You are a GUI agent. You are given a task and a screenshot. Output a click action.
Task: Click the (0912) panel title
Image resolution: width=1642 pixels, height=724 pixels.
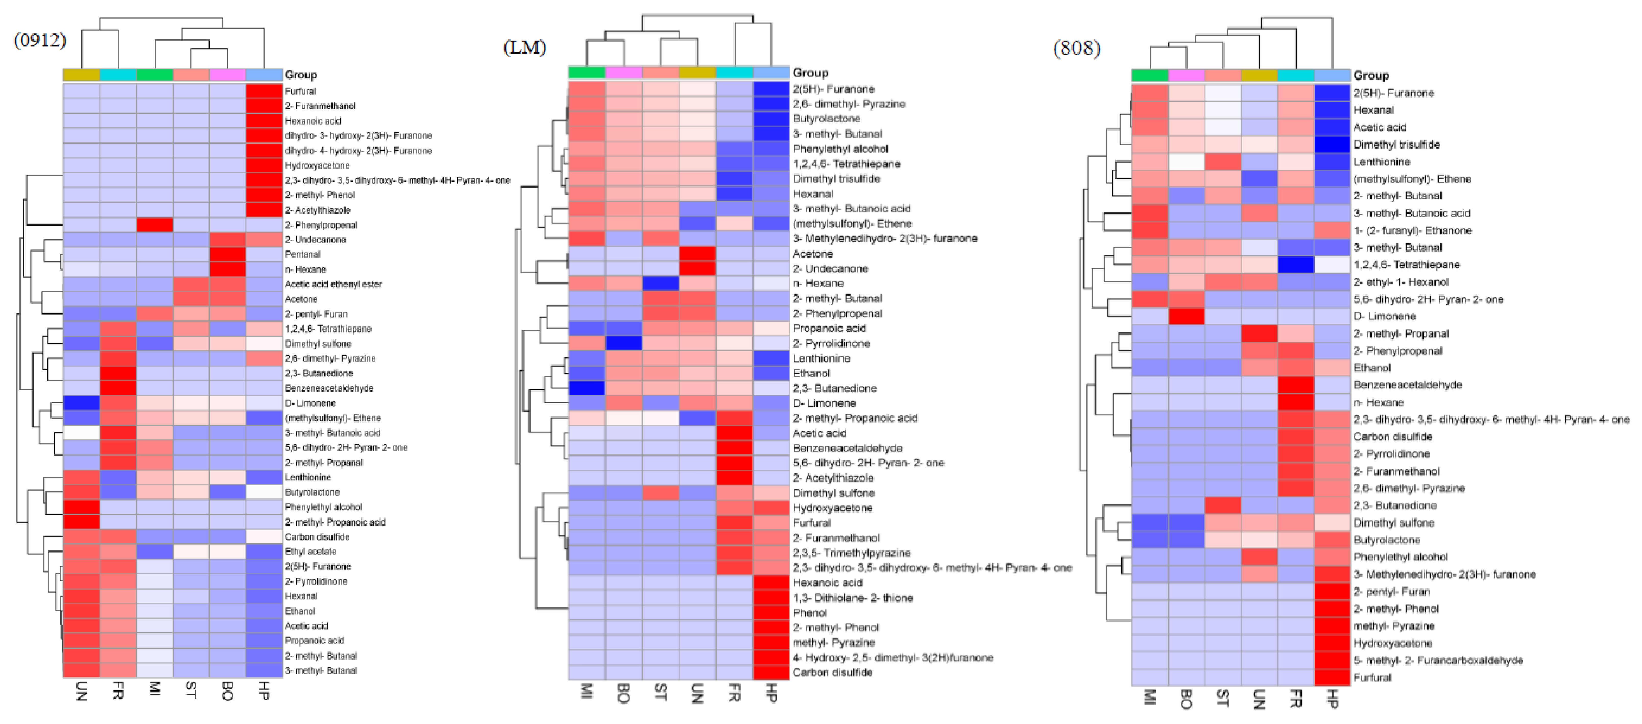[x=40, y=40]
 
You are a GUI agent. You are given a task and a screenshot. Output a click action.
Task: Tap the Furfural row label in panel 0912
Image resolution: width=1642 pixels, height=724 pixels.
[x=300, y=91]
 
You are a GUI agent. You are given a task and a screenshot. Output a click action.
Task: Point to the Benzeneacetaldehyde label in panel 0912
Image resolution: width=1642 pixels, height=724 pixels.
[x=329, y=388]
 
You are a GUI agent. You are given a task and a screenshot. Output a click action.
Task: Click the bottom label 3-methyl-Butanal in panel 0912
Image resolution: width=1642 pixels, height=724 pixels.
[x=321, y=670]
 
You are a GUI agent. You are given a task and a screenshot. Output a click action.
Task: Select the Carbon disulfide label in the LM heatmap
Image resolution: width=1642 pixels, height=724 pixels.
[x=832, y=672]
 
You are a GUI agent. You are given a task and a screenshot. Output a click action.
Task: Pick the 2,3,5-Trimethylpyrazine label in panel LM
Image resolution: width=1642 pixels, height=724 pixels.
[x=851, y=552]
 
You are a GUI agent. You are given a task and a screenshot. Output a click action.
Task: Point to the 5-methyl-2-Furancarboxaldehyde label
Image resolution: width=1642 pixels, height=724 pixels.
[x=1438, y=660]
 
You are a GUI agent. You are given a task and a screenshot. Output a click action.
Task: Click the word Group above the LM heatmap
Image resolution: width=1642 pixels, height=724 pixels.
[x=810, y=73]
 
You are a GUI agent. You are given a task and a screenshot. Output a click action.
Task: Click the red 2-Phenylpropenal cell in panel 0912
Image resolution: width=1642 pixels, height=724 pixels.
[x=154, y=225]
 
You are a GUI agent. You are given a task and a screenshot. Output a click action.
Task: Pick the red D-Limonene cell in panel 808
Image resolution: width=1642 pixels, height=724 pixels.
[x=1186, y=316]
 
